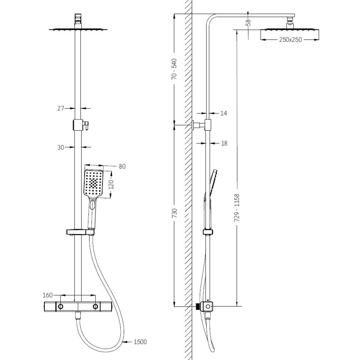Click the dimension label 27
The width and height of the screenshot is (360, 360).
click(x=61, y=108)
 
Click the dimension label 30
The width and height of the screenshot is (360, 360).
click(x=61, y=147)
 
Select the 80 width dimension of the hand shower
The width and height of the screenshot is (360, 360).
click(x=122, y=166)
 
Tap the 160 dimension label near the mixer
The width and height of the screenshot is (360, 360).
click(x=48, y=295)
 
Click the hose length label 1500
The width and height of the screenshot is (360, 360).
click(x=140, y=342)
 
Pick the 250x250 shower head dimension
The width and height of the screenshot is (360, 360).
click(x=290, y=39)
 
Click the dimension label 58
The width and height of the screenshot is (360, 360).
click(x=248, y=22)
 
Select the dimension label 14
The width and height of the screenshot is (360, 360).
click(x=224, y=113)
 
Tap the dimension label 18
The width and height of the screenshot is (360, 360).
click(x=224, y=143)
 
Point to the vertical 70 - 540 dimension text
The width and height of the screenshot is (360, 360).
click(x=174, y=69)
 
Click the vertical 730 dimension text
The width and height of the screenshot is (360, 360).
click(x=174, y=214)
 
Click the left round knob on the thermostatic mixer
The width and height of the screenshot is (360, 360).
click(x=61, y=306)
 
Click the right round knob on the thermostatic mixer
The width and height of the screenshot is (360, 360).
click(x=96, y=306)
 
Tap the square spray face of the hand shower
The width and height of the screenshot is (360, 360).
click(x=94, y=183)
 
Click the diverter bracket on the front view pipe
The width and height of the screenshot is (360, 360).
click(x=79, y=124)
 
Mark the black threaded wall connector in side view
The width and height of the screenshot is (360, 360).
click(x=197, y=307)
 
